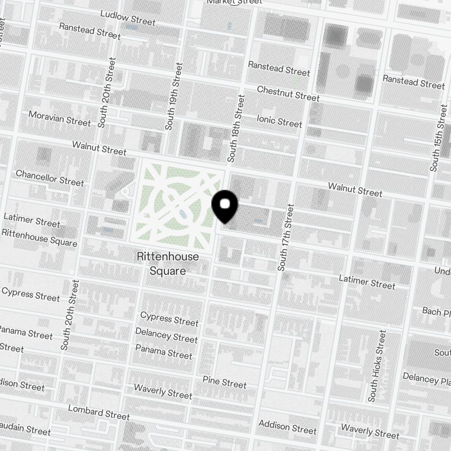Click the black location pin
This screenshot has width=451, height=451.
225,206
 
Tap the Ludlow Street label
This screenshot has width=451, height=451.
128,18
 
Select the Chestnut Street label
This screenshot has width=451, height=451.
288,93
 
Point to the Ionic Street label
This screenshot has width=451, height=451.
279,121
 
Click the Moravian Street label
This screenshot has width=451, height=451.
60,118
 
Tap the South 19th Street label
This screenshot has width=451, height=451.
174,97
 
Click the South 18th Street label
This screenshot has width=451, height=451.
236,129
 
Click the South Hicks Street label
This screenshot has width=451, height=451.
377,366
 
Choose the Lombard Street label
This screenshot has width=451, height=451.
99,412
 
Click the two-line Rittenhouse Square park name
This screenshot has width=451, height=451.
167,264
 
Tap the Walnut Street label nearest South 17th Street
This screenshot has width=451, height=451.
355,189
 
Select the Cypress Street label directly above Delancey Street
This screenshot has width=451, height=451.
169,318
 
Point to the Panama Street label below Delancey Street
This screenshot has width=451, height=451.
164,352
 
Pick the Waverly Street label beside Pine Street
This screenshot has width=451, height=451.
163,391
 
